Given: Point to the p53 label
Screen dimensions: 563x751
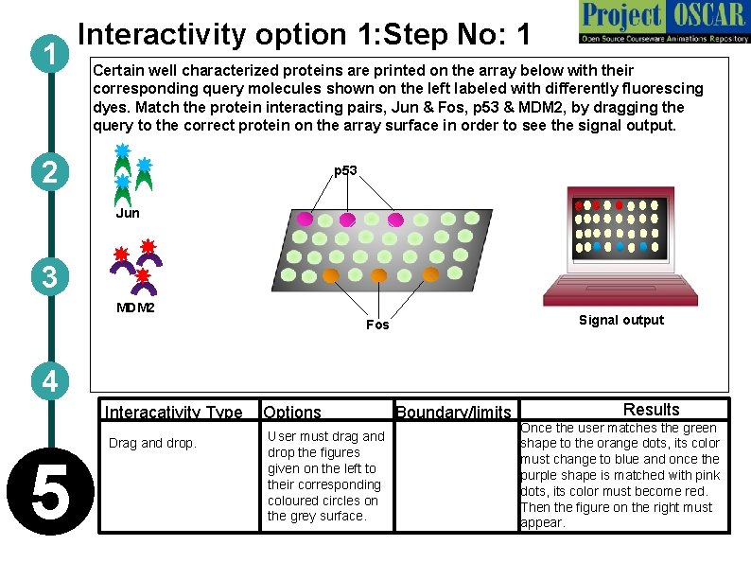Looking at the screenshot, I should point(345,170).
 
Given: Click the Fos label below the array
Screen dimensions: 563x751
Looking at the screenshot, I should point(377,325).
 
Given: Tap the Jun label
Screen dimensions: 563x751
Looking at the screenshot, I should point(128,213).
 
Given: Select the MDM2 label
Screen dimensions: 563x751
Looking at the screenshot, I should point(135,308).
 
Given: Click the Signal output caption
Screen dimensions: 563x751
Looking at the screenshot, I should point(621,320).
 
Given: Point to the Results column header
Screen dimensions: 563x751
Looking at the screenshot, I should point(651,410).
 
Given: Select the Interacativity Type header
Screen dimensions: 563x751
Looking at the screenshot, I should point(173,412).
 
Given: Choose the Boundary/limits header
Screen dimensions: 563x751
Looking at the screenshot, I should point(453,412).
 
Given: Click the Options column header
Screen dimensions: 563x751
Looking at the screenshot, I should point(292,412).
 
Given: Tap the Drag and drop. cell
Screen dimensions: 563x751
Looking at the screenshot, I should point(151,443).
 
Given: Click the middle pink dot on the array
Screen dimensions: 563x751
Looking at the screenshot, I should point(347,220).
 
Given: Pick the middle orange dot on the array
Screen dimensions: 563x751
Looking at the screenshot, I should point(379,275).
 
